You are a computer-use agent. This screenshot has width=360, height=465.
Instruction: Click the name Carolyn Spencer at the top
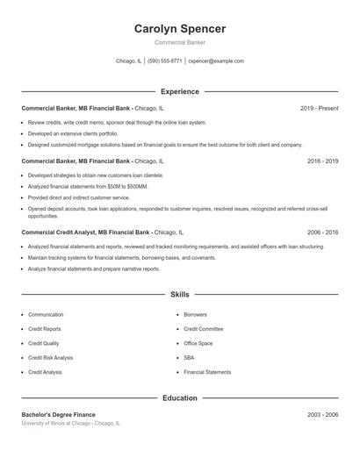(179, 29)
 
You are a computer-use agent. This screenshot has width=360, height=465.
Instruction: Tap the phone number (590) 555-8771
(164, 61)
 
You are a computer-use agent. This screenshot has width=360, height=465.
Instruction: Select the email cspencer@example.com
(216, 61)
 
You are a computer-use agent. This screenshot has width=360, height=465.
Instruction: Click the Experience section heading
(179, 91)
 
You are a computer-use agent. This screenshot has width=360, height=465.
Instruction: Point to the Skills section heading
(179, 295)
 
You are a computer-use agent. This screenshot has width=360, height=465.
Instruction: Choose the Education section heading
(179, 398)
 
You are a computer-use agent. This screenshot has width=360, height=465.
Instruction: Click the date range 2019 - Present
(319, 108)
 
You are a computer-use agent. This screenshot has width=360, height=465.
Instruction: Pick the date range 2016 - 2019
(322, 161)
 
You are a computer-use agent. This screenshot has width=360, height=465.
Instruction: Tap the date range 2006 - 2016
(322, 232)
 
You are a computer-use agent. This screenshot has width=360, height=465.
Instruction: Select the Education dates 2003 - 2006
(322, 414)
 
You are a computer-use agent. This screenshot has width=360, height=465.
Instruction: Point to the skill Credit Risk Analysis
(50, 358)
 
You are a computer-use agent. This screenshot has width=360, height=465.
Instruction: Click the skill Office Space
(198, 343)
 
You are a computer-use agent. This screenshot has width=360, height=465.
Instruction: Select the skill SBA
(189, 358)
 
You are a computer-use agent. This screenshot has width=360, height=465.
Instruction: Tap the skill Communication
(46, 314)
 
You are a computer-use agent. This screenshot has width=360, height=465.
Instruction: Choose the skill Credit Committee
(203, 329)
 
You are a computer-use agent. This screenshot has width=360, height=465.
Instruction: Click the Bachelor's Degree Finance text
(58, 414)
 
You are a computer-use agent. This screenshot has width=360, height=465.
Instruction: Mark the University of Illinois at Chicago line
(70, 423)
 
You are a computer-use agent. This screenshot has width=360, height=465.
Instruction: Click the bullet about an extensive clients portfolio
(72, 133)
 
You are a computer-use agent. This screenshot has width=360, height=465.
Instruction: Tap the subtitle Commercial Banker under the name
(179, 42)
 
